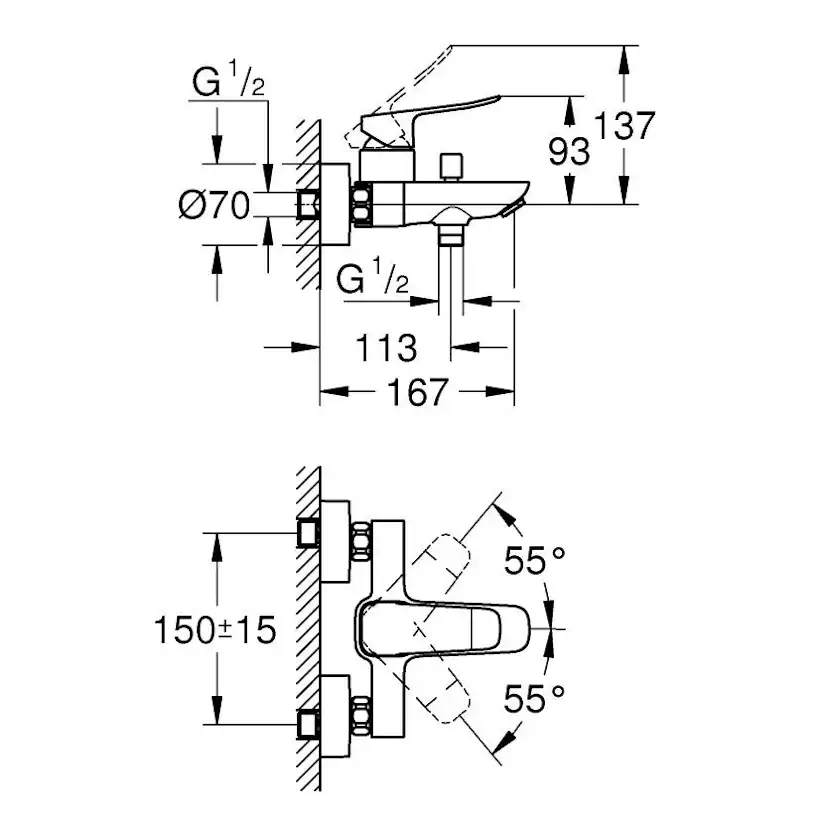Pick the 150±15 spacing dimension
coord(215,630)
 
